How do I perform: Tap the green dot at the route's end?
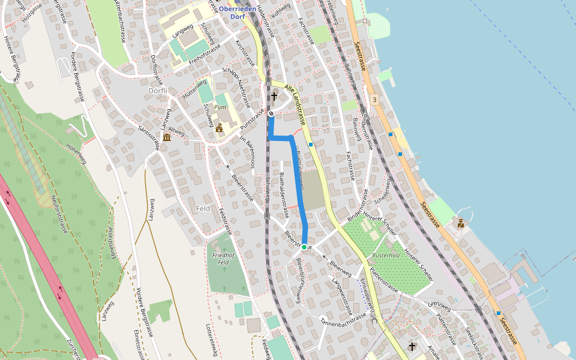click(x=304, y=247)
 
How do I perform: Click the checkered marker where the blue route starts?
click(x=271, y=113)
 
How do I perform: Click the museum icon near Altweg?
click(x=166, y=137)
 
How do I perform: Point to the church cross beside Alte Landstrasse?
click(x=274, y=97)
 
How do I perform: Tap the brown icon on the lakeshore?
click(x=461, y=224)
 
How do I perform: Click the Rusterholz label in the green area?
click(x=386, y=255)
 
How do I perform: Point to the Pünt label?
click(x=221, y=106)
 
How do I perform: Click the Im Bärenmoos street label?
click(x=248, y=151)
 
